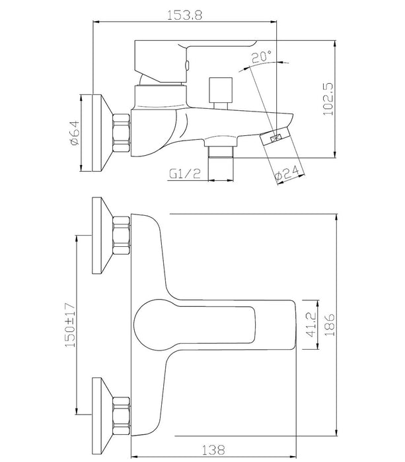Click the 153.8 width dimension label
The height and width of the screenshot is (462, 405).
click(184, 15)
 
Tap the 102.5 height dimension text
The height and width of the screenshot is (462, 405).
click(328, 99)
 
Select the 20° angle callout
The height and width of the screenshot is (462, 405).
click(262, 56)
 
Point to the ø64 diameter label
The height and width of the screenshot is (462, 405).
click(74, 132)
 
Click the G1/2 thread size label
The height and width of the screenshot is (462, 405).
click(185, 174)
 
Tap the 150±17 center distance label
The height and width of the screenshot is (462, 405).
click(70, 325)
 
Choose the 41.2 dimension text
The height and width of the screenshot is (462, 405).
click(311, 325)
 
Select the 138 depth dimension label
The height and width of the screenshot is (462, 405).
click(213, 450)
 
